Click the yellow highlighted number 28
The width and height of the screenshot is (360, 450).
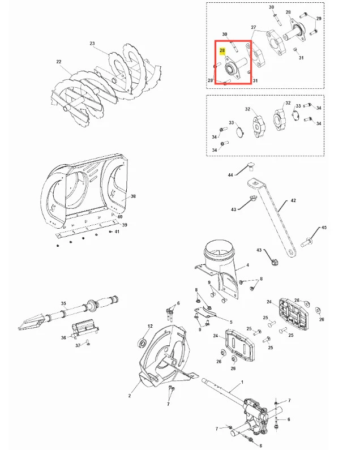[x=222, y=50]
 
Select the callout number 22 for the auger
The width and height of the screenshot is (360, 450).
[x=59, y=62]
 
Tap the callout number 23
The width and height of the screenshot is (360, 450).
[x=92, y=44]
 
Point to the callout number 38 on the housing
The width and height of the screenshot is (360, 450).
[x=133, y=196]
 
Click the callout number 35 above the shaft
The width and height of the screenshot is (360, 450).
[x=63, y=303]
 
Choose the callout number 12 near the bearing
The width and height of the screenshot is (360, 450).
[x=150, y=326]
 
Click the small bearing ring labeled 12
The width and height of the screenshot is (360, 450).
[x=143, y=342]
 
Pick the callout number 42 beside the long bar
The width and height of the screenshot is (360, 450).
[x=293, y=200]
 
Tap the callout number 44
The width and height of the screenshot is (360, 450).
[x=230, y=174]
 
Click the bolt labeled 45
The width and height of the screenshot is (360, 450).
[x=307, y=242]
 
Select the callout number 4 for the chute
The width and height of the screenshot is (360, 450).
[x=248, y=265]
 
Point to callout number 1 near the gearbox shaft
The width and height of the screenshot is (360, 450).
[x=242, y=382]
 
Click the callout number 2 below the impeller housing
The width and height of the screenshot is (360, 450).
[x=130, y=396]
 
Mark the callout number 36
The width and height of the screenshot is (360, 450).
[x=63, y=337]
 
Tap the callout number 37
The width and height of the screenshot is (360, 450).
[x=78, y=345]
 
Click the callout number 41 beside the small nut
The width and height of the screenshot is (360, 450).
[x=117, y=232]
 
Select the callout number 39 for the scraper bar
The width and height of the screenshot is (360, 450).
[x=125, y=225]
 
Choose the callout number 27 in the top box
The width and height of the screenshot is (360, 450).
[x=253, y=27]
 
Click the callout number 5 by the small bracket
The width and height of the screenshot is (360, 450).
[x=231, y=322]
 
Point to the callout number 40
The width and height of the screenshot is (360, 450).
[x=119, y=217]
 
